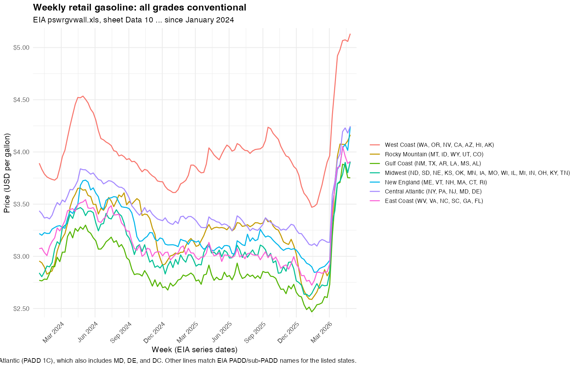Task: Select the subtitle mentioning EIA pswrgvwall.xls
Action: [x=133, y=20]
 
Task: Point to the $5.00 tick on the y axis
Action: [x=21, y=48]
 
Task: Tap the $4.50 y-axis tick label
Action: [x=21, y=100]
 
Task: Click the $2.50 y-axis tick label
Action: [x=21, y=309]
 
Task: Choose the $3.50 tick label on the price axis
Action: [x=21, y=204]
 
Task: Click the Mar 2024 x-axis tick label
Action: [x=53, y=332]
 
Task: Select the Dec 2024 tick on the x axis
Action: [x=154, y=332]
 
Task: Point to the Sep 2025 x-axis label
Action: [x=255, y=332]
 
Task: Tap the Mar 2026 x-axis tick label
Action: [x=321, y=332]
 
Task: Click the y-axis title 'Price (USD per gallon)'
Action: [x=7, y=173]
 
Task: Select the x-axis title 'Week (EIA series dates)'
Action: [x=194, y=350]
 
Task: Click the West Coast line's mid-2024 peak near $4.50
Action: [x=83, y=96]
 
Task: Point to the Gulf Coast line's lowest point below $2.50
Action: [x=312, y=312]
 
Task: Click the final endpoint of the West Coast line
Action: [x=350, y=34]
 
